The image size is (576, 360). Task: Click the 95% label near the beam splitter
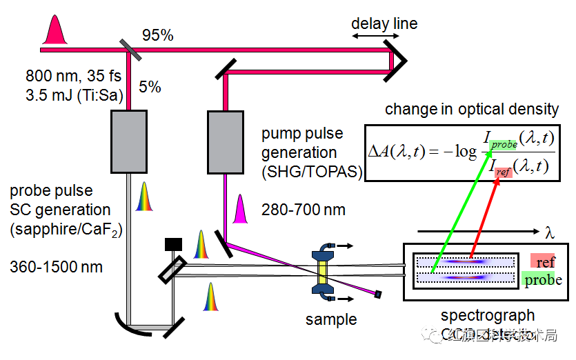pos(157,34)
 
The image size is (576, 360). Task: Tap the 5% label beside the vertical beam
pos(150,87)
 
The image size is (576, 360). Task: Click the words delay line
pos(384,23)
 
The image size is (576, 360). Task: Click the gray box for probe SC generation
pos(128,143)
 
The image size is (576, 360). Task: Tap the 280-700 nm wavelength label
pos(303,210)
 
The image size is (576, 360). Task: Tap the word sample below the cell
pos(332,319)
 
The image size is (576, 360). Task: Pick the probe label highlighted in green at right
pos(543,280)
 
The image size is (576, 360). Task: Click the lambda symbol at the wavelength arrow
pos(549,230)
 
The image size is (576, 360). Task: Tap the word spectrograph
pos(488,316)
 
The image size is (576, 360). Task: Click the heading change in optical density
pos(471,109)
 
